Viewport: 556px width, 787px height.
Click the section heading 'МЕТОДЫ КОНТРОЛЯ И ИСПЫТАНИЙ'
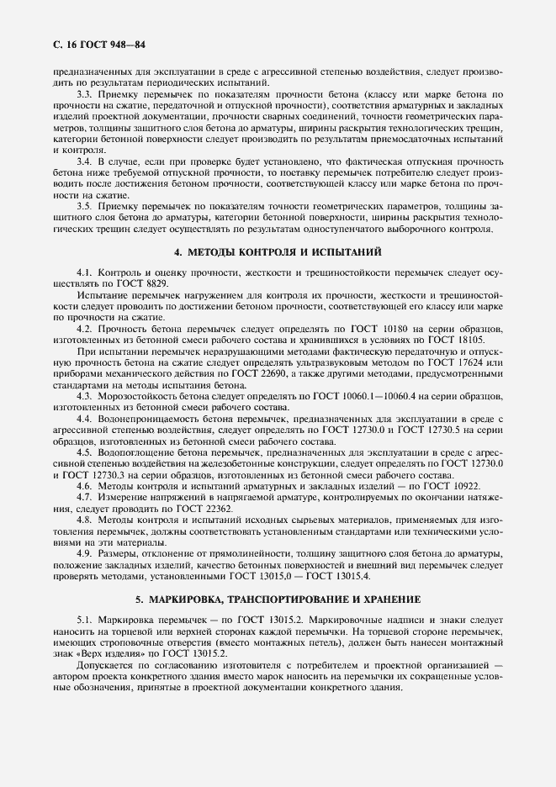coord(285,251)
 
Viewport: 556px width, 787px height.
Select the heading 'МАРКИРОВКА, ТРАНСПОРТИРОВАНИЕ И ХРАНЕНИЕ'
coord(285,599)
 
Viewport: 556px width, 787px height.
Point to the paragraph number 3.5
coord(85,206)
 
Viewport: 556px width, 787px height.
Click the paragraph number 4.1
coord(85,273)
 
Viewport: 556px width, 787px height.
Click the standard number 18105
coord(485,339)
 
